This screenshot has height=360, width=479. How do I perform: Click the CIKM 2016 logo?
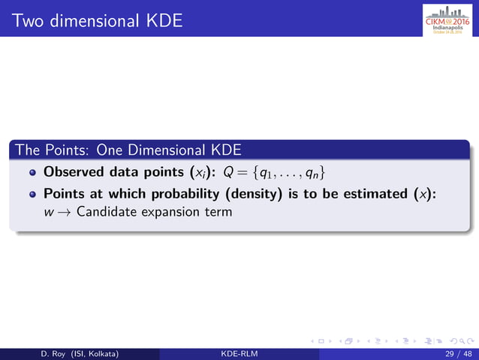pos(447,18)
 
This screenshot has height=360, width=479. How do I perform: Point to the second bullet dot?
pos(32,195)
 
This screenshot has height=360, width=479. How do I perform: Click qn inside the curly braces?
pos(318,172)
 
